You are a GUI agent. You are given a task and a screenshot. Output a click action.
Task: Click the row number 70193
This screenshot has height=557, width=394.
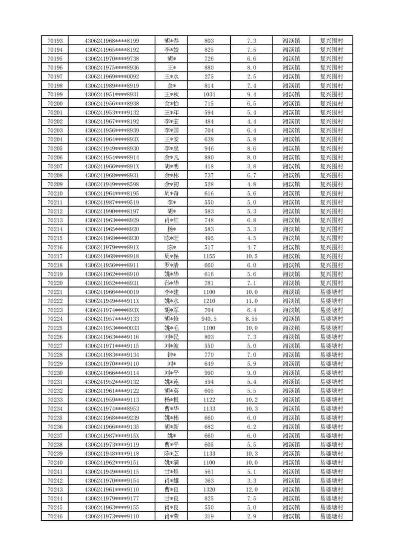[55, 41]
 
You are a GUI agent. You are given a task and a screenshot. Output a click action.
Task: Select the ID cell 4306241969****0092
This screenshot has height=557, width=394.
[112, 76]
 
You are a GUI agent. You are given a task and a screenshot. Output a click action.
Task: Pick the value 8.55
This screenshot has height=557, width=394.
[252, 319]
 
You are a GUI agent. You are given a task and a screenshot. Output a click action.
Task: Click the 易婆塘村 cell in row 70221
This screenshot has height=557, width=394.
[331, 292]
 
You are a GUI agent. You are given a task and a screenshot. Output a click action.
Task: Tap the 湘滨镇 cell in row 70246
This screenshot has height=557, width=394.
[291, 516]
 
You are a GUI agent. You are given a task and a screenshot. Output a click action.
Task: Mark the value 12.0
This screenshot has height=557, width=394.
[252, 489]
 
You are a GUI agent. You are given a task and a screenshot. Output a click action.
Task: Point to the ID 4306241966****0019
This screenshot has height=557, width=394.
[112, 292]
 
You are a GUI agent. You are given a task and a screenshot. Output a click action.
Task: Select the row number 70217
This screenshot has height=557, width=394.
[55, 256]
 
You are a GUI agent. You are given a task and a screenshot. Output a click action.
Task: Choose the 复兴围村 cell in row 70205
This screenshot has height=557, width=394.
[331, 148]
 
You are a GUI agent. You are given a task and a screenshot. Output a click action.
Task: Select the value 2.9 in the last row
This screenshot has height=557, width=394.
[252, 516]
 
